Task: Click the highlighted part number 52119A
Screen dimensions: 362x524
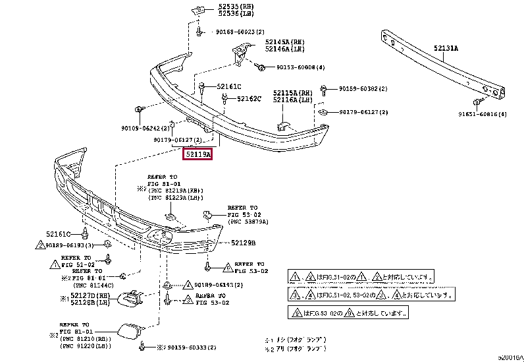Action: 197,154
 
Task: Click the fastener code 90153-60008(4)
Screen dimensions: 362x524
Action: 301,67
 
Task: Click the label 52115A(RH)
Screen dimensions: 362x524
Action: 293,93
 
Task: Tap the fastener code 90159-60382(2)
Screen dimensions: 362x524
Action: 363,88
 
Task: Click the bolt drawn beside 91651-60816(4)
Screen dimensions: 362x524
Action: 476,102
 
